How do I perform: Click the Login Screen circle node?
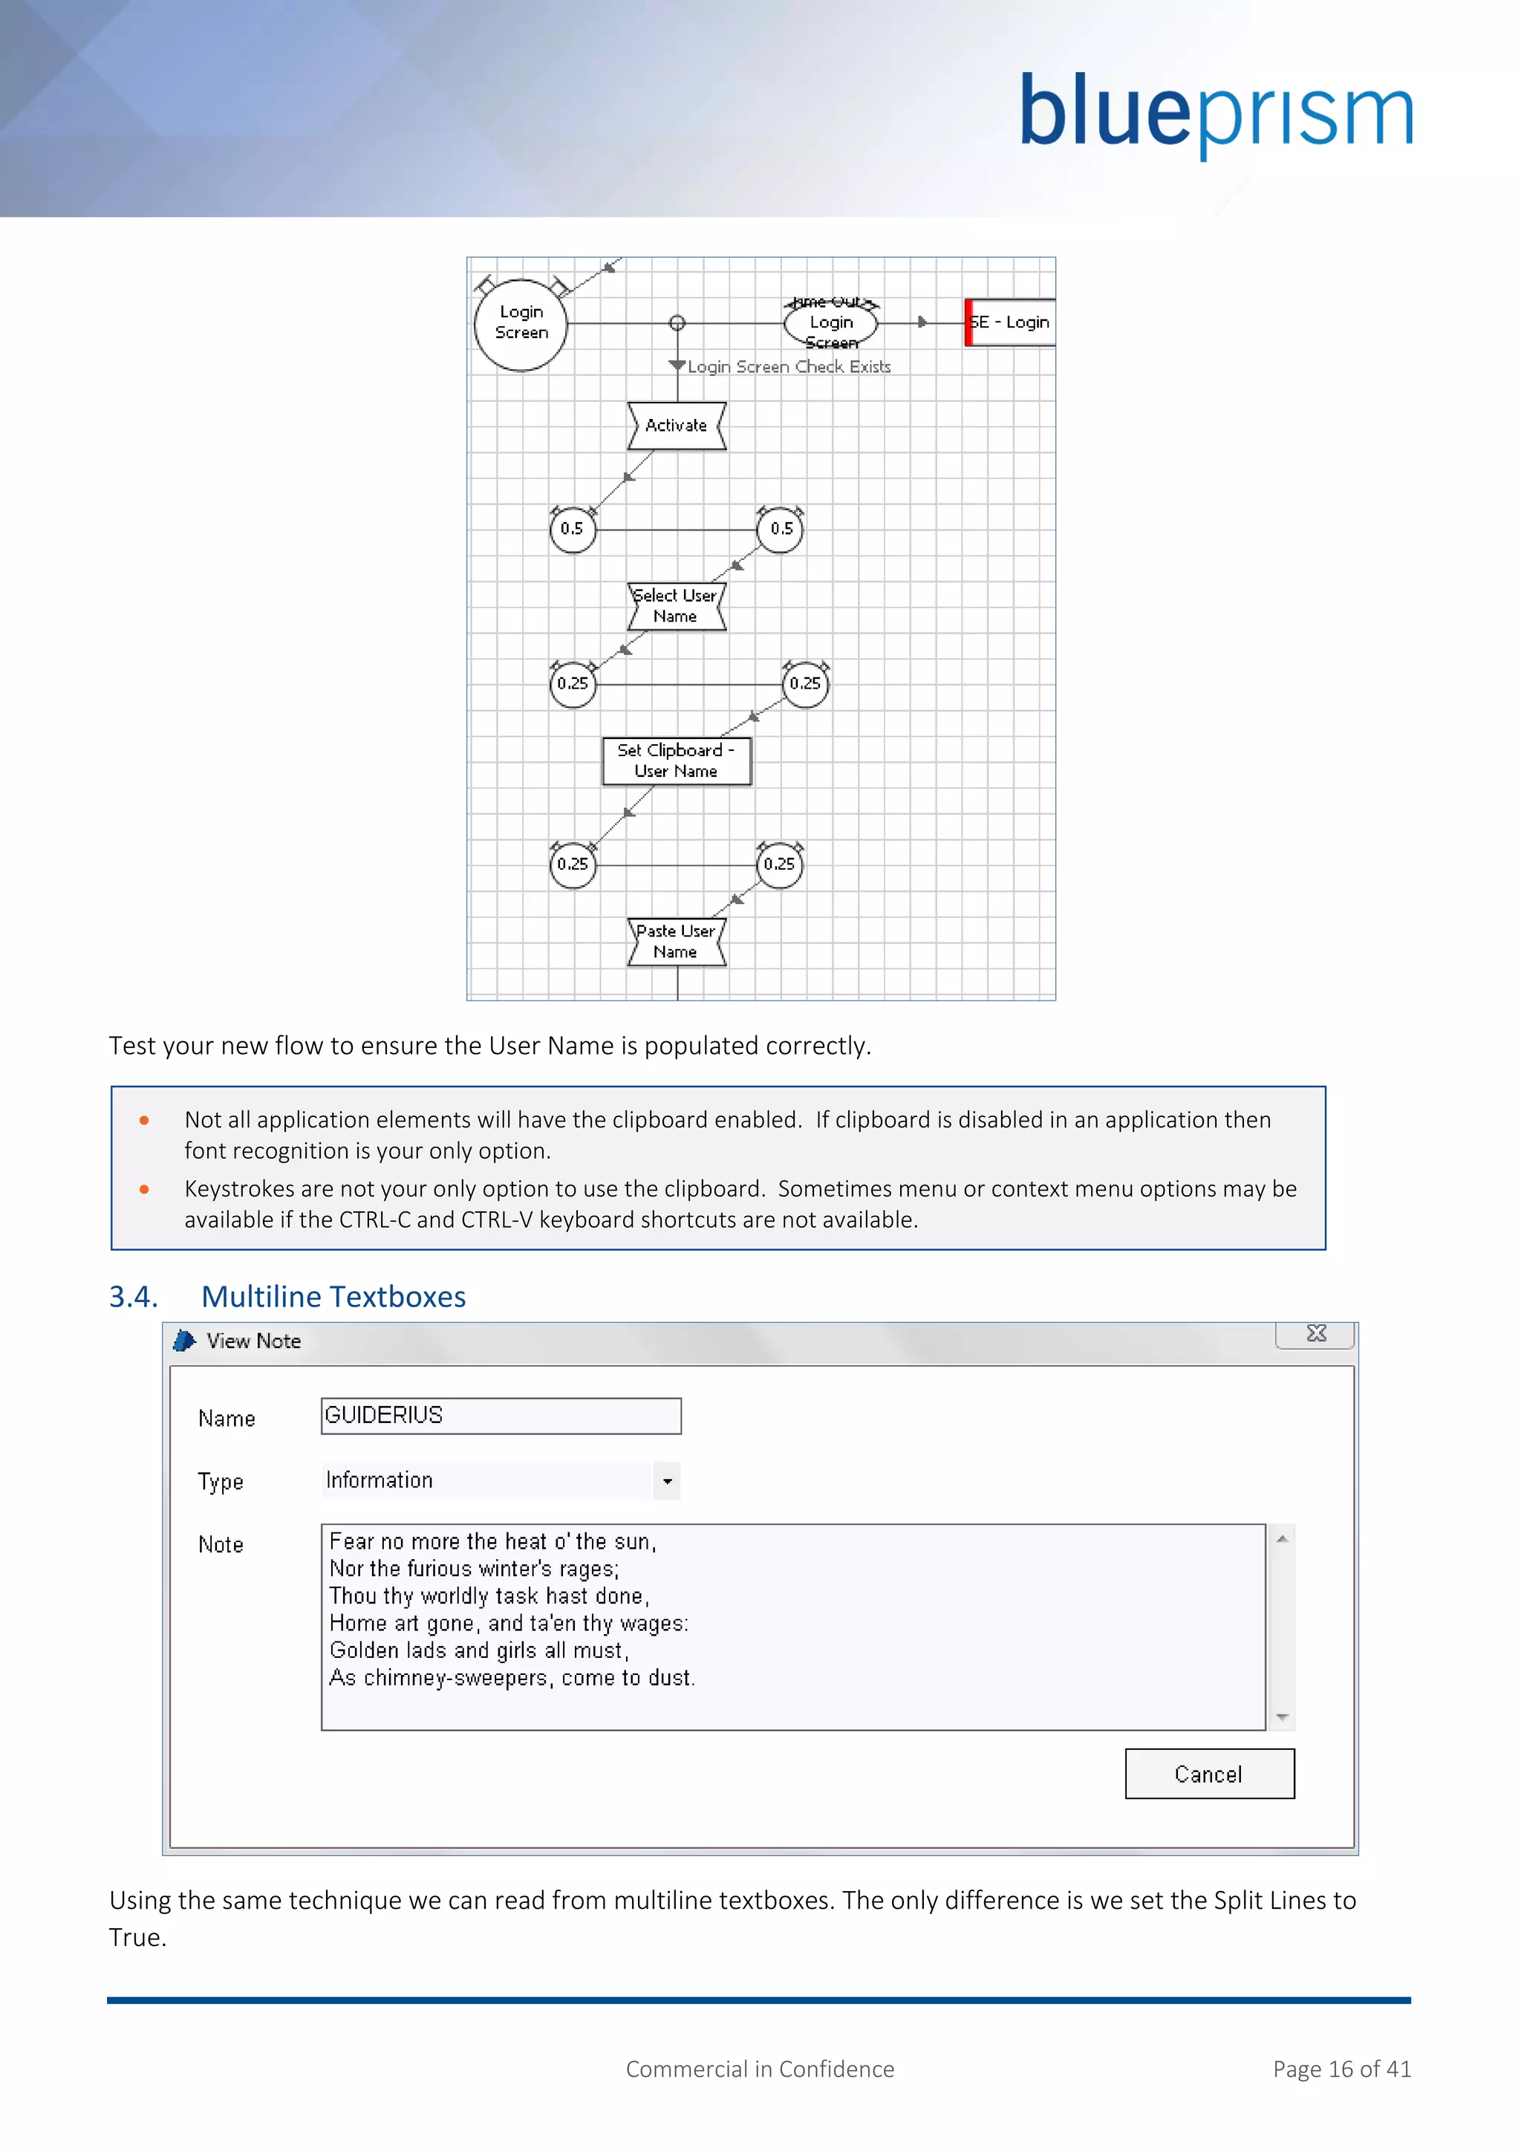tap(521, 323)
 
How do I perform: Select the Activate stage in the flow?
tap(677, 426)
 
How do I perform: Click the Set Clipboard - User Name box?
tap(677, 761)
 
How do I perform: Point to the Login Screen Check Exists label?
tap(789, 367)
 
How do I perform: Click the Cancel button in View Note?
tap(1208, 1774)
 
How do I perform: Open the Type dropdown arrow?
tap(667, 1481)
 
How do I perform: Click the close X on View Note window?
tap(1315, 1334)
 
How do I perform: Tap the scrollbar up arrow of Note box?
tap(1282, 1539)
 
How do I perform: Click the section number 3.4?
tap(133, 1297)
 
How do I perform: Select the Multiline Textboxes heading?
tap(333, 1297)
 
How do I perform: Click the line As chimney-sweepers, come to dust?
tap(512, 1678)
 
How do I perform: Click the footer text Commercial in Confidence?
tap(760, 2069)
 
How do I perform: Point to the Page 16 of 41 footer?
tap(1341, 2069)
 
